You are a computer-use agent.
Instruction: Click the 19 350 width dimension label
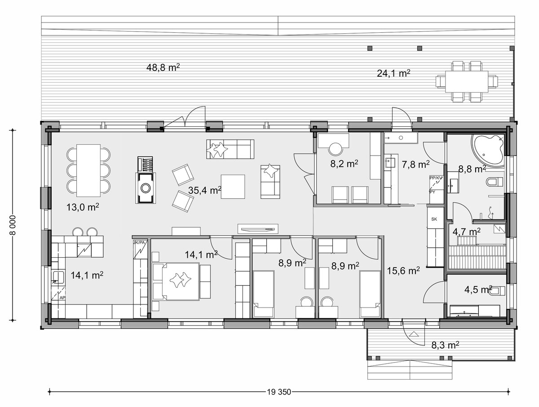click(279, 392)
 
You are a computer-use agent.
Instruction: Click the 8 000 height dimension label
click(12, 225)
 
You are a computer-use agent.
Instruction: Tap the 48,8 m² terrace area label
click(163, 67)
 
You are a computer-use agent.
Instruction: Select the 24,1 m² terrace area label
click(393, 73)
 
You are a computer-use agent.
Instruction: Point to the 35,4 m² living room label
click(205, 190)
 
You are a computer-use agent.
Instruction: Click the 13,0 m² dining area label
click(83, 207)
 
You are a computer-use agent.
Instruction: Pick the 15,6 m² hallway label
click(403, 271)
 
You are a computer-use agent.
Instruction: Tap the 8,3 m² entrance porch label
click(445, 345)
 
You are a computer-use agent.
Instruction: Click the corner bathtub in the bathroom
click(487, 150)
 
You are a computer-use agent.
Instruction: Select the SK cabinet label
click(434, 219)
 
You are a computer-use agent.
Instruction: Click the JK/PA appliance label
click(139, 242)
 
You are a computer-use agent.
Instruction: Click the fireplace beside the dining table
click(146, 188)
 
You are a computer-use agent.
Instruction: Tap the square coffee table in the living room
click(233, 187)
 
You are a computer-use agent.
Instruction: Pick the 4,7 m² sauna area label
click(467, 232)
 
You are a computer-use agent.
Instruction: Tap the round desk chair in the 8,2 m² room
click(336, 149)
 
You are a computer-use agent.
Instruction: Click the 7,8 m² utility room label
click(415, 165)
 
